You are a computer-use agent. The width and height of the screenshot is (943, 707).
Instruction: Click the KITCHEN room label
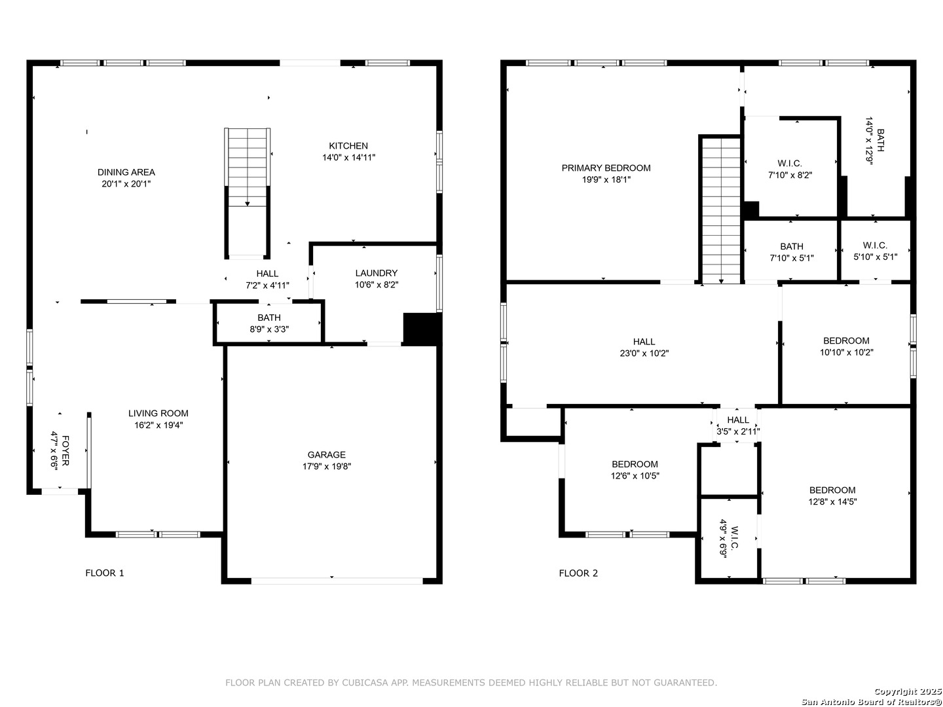click(348, 146)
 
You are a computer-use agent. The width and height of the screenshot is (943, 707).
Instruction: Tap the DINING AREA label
click(126, 172)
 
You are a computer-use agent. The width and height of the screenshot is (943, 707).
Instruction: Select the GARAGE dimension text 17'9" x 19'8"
click(327, 466)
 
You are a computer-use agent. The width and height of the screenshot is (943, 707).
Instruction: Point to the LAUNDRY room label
click(377, 273)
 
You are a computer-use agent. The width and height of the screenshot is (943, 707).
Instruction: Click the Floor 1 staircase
click(248, 193)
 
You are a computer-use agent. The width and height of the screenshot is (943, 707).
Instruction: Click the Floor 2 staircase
click(721, 209)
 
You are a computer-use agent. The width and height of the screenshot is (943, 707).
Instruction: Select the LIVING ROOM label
click(158, 413)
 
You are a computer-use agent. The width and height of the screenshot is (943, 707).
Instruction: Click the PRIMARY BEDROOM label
click(606, 168)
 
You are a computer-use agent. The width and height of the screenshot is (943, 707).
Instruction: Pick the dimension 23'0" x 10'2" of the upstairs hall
click(644, 353)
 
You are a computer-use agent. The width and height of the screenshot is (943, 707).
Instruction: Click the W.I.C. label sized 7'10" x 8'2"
click(790, 164)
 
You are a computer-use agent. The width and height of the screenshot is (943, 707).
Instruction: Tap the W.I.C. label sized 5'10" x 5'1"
click(875, 245)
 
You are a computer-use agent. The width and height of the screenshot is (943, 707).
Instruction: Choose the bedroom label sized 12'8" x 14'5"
click(832, 490)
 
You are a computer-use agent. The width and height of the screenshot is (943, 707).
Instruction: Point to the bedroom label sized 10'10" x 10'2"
click(846, 341)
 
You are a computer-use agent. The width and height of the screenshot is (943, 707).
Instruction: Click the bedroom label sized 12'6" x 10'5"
click(635, 464)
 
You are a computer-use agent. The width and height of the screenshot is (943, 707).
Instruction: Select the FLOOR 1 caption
click(104, 573)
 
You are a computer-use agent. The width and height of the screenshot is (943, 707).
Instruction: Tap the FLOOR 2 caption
click(578, 573)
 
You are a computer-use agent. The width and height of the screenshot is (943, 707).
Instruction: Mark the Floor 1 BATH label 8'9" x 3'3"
click(269, 317)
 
